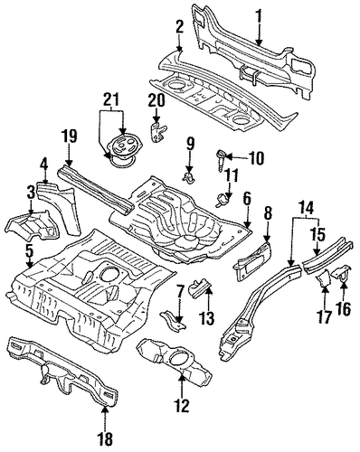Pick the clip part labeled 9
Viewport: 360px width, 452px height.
[x=188, y=177]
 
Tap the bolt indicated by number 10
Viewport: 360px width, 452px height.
[x=221, y=162]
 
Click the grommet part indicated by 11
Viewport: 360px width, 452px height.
[x=223, y=200]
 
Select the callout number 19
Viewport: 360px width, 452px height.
[x=69, y=137]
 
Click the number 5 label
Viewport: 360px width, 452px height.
[x=29, y=255]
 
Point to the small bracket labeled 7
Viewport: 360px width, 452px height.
[x=174, y=322]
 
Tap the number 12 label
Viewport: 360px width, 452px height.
[x=182, y=405]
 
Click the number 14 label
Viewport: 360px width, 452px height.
[x=308, y=209]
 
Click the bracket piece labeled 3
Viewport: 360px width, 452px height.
[x=33, y=224]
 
